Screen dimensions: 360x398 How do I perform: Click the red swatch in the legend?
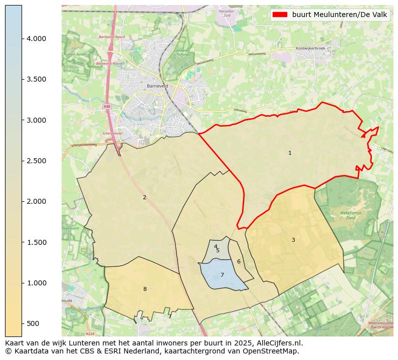pos(280,15)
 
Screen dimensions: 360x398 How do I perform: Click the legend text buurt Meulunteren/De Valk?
pos(339,15)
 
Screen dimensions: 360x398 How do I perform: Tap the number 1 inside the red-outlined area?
pos(290,153)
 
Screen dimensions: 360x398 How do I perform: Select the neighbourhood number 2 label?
pos(144,197)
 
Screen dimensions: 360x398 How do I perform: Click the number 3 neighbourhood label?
pos(293,240)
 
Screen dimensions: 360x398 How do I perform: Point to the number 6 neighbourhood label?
pos(239,261)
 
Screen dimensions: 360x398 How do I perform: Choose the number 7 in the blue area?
pos(222,275)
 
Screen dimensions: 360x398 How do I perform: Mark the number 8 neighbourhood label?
pos(145,289)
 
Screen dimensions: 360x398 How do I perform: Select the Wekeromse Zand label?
pos(351,215)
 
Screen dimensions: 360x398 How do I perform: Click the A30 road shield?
pos(107,106)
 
